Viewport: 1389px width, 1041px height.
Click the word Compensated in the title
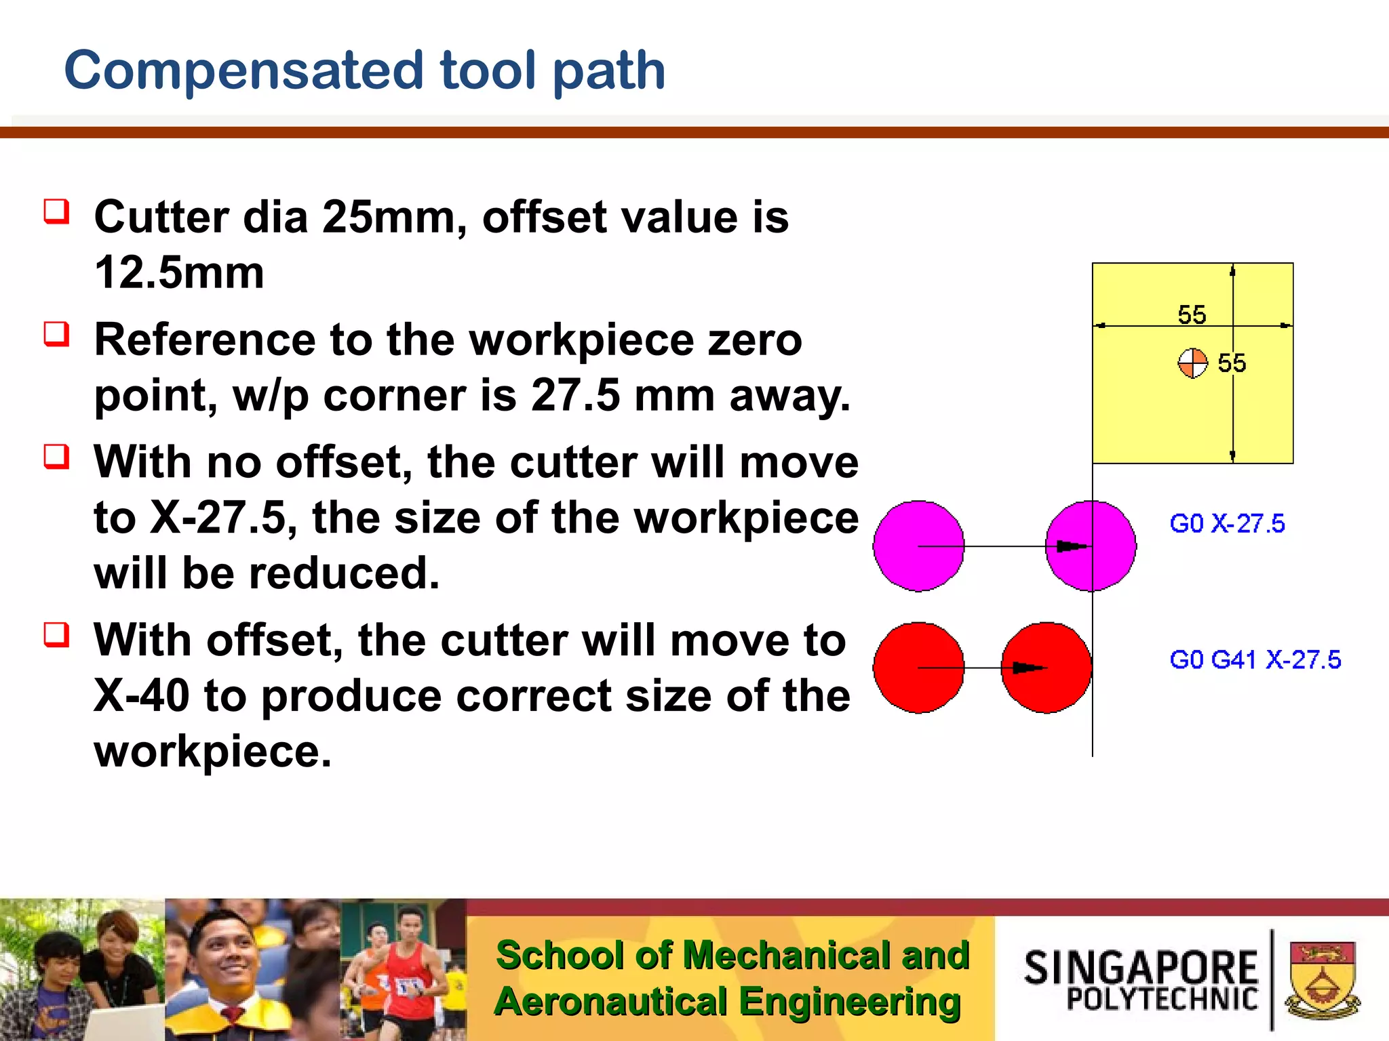coord(244,70)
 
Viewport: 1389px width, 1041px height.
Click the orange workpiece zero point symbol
coord(1192,363)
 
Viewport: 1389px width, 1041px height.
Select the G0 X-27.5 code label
coord(1227,524)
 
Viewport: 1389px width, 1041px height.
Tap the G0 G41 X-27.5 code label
coord(1255,659)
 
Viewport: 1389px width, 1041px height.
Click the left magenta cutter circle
coord(918,546)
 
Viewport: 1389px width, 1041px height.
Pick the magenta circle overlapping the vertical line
coord(1091,546)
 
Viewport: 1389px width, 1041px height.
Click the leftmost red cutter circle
coord(918,668)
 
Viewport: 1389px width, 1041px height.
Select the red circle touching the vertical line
coord(1046,668)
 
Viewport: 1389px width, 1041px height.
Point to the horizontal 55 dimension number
coord(1192,314)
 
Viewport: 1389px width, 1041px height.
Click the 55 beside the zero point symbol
coord(1232,363)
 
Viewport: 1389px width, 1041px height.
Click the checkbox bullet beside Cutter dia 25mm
coord(57,211)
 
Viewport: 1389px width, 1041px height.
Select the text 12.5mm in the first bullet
coord(179,272)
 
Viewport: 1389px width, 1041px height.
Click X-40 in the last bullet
coord(141,696)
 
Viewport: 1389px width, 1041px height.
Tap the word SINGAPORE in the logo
coord(1141,967)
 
